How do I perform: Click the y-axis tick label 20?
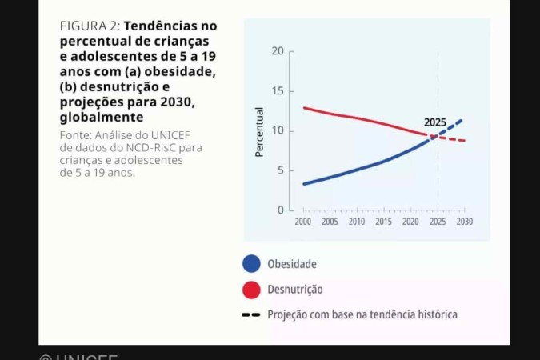[278, 51]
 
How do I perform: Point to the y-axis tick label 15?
[278, 91]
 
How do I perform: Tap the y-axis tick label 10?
[278, 130]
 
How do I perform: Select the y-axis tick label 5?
[279, 170]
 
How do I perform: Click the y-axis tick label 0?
[280, 210]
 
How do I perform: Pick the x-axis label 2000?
[303, 222]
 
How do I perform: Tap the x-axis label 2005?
[330, 222]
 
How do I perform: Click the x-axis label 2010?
[357, 222]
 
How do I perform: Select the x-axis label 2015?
[383, 222]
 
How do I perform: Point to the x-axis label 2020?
[410, 222]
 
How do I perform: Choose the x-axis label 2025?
[438, 222]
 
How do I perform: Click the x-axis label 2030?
[464, 222]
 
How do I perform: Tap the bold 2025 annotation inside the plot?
[435, 122]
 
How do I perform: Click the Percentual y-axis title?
[259, 131]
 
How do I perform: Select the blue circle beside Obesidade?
[251, 264]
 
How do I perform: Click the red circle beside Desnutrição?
[251, 290]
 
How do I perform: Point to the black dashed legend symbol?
[251, 315]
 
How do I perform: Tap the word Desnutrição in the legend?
[294, 290]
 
